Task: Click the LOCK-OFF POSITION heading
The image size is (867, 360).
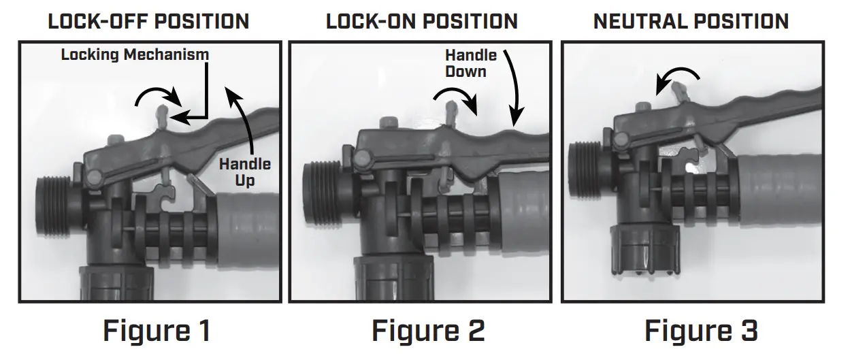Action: pos(148,21)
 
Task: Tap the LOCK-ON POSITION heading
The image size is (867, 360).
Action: pos(421,21)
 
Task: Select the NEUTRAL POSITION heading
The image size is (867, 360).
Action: pos(691,21)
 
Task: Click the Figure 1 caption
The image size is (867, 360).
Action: pos(157,331)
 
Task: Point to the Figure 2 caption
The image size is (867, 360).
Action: pos(428,331)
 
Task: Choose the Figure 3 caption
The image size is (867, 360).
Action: pos(701,331)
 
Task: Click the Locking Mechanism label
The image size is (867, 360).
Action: pos(135,55)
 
